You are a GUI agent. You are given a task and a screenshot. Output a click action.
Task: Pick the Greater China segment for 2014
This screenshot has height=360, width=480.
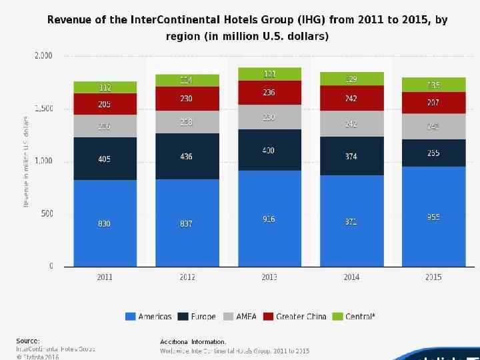coord(351,98)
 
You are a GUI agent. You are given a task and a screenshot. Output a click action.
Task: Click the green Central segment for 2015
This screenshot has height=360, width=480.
coord(433,84)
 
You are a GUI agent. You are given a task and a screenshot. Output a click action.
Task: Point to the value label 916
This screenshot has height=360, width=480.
coord(269,219)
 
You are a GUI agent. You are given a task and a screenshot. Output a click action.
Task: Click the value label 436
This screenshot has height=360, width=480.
coord(187,157)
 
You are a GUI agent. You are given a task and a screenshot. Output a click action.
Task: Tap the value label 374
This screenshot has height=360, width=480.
coord(351,157)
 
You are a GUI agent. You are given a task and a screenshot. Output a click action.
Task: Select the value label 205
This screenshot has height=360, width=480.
coord(105,104)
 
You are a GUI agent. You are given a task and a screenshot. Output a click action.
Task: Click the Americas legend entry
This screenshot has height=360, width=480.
coord(149,317)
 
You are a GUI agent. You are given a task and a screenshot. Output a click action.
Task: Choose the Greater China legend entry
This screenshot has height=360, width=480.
coord(295,317)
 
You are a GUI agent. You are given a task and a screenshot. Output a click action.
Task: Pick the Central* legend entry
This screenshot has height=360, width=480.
coord(355,317)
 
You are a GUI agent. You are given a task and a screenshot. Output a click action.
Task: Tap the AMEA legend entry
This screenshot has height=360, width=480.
coord(240,317)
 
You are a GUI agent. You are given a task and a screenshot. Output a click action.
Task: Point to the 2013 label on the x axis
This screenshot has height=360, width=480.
coord(269,277)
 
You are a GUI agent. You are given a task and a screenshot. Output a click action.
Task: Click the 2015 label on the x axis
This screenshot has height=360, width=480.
coord(433,277)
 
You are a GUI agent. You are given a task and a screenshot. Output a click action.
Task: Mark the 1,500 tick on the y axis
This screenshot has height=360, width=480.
coord(43,109)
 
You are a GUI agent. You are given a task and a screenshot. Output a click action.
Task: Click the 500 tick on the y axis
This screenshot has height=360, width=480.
coord(47,214)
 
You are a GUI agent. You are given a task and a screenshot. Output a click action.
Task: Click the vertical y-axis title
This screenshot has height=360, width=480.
coord(26,161)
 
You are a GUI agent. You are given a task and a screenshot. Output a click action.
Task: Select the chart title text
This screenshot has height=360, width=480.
coord(247,28)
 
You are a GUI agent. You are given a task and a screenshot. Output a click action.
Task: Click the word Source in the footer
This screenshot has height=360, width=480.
coord(27,341)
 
